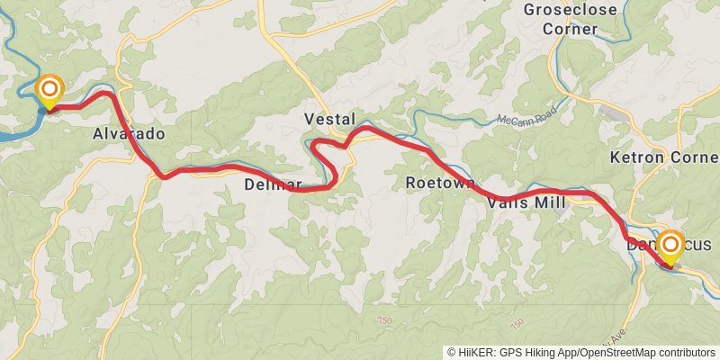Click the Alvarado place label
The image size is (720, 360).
(x=129, y=134)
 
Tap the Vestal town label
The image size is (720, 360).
(x=329, y=119)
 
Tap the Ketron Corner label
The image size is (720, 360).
(x=664, y=157)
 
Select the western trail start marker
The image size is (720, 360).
(x=49, y=90)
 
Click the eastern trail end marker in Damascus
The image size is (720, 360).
(x=670, y=244)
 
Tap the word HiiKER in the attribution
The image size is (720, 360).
(x=477, y=352)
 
